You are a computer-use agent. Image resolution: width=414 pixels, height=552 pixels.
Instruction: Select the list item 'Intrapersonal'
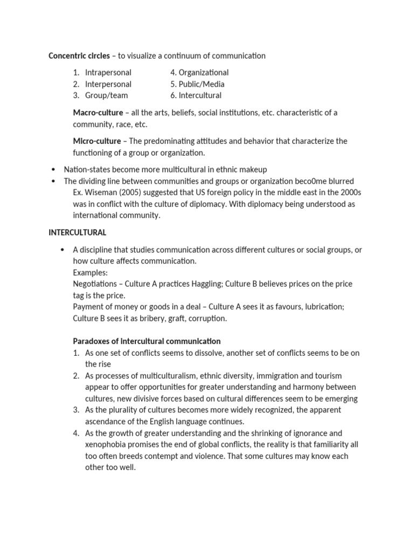click(x=108, y=72)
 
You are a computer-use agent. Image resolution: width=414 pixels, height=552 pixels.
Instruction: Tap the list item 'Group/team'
click(x=106, y=95)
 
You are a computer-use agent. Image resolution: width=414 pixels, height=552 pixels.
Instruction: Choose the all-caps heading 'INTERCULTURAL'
click(x=78, y=233)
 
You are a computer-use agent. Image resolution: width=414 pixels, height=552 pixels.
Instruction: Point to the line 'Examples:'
click(x=90, y=272)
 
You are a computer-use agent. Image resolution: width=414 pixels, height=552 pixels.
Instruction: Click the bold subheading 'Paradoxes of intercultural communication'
click(x=147, y=341)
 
